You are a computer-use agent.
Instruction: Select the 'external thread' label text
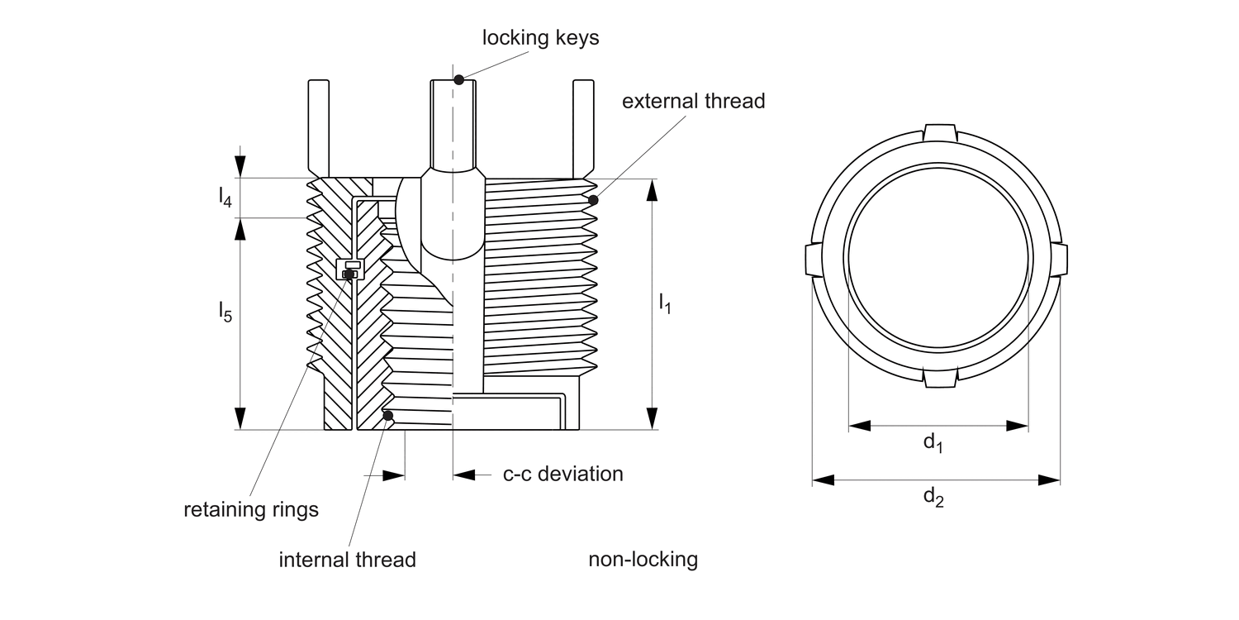coord(693,102)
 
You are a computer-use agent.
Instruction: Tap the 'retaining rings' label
coord(250,509)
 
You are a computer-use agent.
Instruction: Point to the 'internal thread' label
coord(347,560)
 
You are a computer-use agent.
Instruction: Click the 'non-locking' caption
coord(643,560)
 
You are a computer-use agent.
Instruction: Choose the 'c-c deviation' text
coord(563,474)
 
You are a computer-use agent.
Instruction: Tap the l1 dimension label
coord(665,304)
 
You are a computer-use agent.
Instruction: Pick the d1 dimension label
coord(933,443)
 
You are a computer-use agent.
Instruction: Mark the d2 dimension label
coord(933,497)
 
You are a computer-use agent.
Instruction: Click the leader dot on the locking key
coord(459,79)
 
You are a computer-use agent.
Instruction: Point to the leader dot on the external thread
coord(592,200)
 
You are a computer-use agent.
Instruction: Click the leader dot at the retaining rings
coord(349,274)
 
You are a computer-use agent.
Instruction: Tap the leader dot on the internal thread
coord(387,415)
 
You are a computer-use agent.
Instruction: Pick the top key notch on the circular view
coord(938,133)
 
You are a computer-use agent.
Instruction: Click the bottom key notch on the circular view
coord(938,379)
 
